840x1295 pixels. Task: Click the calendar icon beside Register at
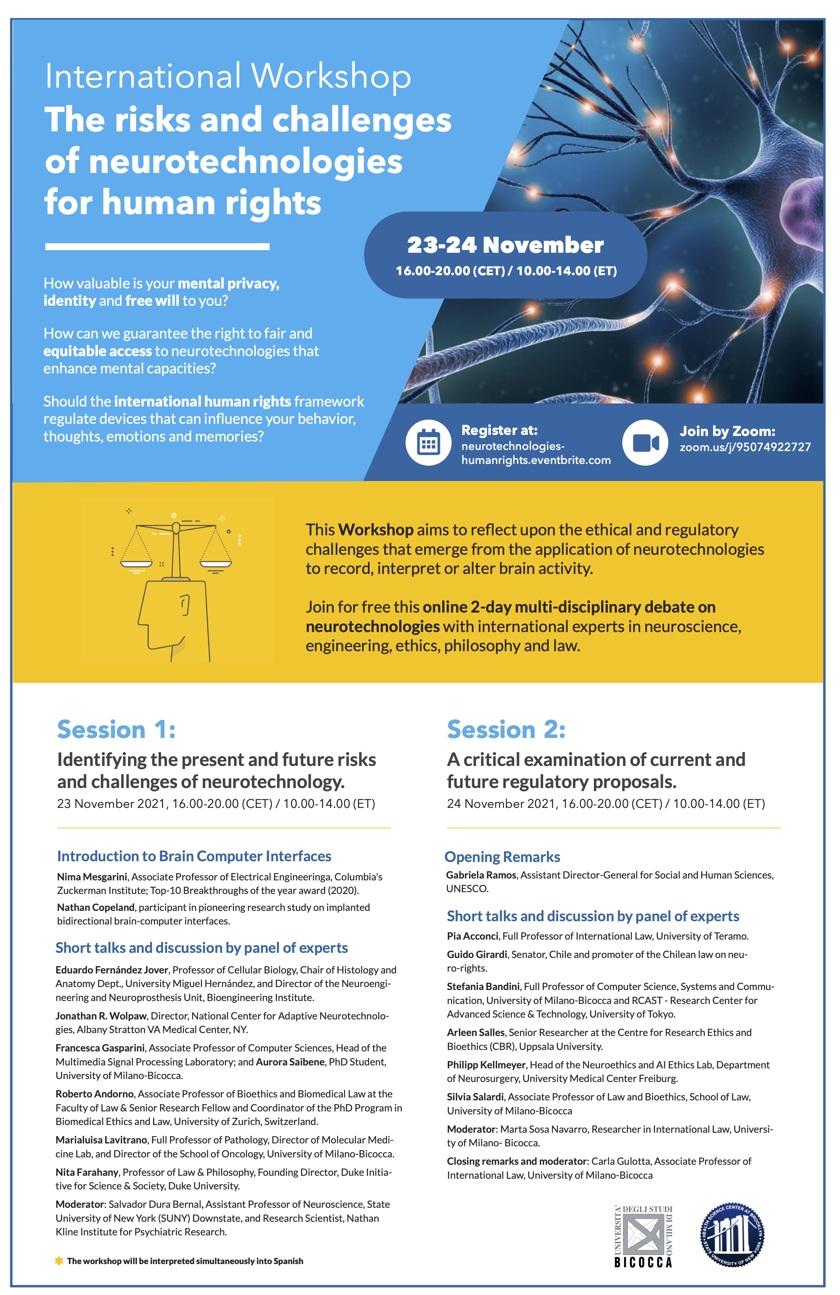coord(428,442)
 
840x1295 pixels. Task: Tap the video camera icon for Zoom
coord(645,442)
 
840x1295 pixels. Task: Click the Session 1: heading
coord(116,730)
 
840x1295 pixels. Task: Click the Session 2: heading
coord(506,730)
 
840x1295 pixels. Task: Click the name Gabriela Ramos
coord(481,875)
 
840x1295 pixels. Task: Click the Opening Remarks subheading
coord(502,857)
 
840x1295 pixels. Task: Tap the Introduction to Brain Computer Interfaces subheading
coord(194,856)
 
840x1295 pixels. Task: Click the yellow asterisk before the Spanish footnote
coord(59,1261)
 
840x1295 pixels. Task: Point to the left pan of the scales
coord(136,564)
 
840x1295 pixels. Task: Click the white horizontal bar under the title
coord(157,246)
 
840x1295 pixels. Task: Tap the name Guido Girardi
coord(476,954)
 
